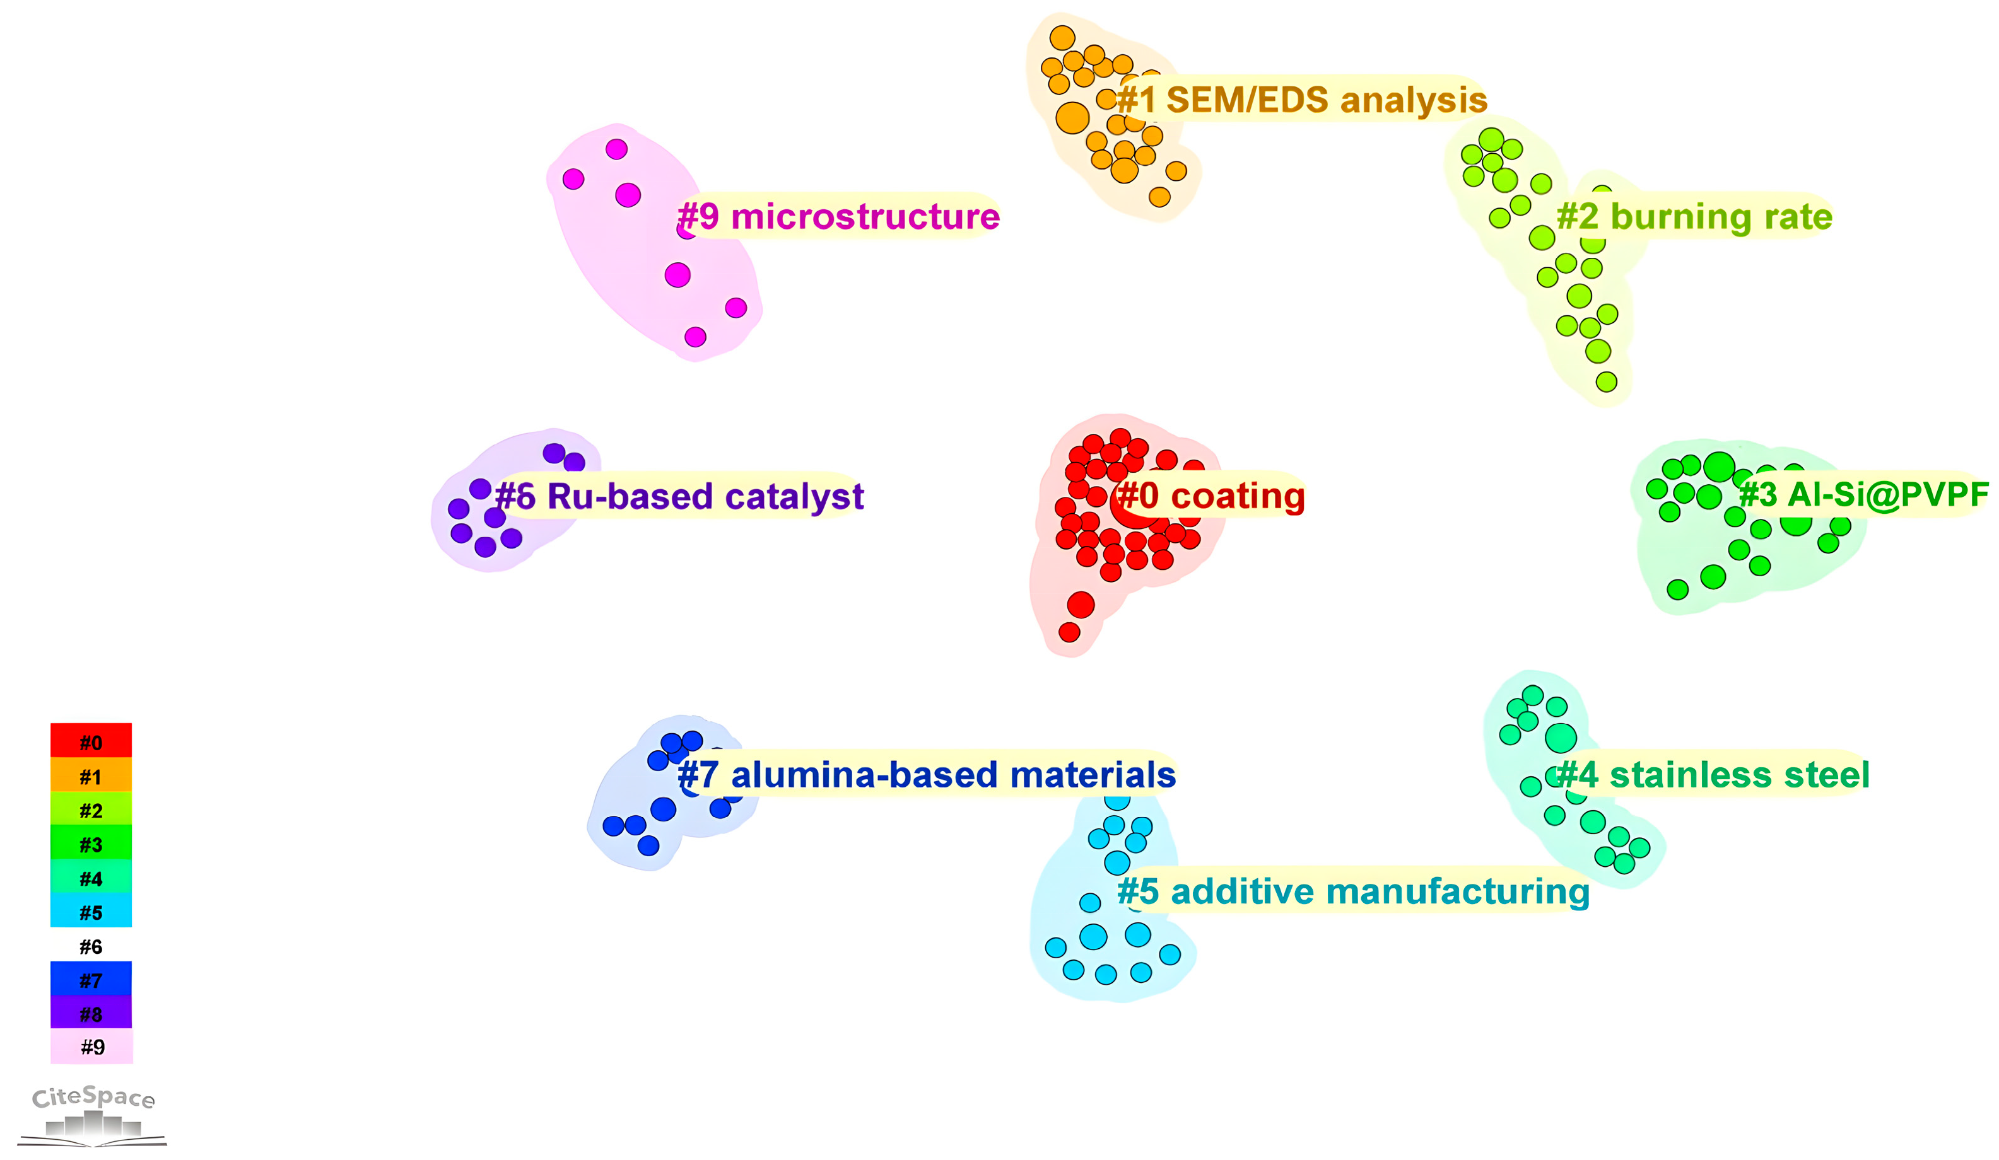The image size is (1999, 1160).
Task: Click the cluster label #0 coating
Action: pos(1211,496)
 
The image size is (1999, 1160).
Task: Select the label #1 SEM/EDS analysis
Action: pos(1302,100)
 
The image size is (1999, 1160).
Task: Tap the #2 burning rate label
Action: pos(1694,216)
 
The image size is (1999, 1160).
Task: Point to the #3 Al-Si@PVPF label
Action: pos(1863,495)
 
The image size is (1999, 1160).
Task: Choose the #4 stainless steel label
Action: pos(1713,775)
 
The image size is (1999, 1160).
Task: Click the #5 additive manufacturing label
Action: pos(1353,891)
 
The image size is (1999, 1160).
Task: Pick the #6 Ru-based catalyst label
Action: pos(679,496)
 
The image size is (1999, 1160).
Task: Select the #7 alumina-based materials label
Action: pos(927,775)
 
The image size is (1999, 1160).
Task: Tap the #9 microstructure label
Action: pos(838,216)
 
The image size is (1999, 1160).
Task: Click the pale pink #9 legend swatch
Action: pos(92,1047)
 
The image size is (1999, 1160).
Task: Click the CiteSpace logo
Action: pos(93,1115)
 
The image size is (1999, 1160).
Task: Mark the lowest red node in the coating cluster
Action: pos(1069,632)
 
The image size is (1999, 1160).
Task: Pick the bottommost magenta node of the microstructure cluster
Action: pos(696,337)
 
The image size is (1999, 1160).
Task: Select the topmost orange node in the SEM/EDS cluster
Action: pos(1062,37)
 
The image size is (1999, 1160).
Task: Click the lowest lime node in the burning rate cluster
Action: pos(1607,382)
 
